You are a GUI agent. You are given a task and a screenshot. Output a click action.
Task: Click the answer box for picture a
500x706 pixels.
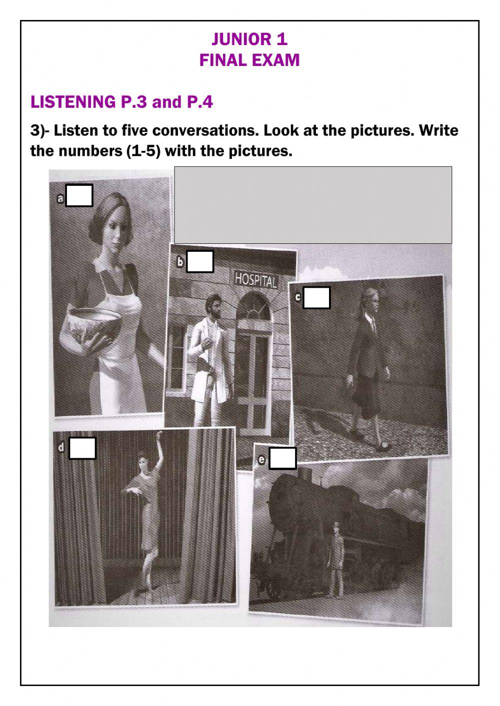point(79,196)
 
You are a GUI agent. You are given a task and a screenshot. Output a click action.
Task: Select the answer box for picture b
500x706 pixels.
point(200,261)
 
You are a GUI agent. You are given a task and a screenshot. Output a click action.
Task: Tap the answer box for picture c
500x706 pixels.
point(316,298)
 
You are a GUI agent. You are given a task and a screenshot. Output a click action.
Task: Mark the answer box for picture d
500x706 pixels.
point(82,448)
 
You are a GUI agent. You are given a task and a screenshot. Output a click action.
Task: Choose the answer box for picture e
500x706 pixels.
point(282,459)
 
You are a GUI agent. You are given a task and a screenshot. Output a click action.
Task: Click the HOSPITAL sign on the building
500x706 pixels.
point(255,279)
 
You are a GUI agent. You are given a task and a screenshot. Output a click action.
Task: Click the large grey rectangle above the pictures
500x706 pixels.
point(313,205)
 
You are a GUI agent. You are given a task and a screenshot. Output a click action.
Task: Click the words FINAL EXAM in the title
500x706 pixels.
point(249,60)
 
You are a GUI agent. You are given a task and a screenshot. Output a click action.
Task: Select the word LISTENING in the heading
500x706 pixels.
point(73,102)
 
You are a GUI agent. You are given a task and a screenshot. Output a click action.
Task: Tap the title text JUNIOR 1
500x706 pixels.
point(249,39)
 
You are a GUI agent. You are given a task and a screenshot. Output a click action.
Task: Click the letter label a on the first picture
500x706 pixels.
point(60,199)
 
